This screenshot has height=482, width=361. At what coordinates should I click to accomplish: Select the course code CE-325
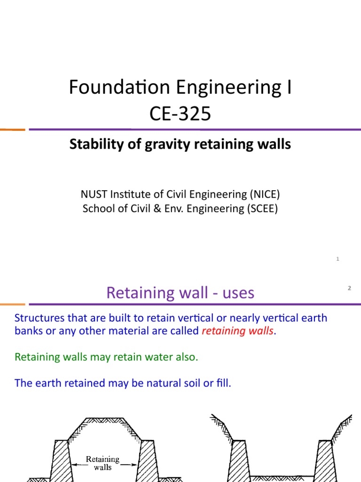tap(180, 113)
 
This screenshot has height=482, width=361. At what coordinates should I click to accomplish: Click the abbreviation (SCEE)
tap(263, 209)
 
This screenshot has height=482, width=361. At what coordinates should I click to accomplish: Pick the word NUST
tap(94, 193)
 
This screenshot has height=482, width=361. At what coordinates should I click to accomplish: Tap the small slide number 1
tap(338, 259)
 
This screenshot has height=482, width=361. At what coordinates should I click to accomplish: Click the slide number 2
tap(349, 288)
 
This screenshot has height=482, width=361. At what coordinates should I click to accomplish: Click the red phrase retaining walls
tap(237, 331)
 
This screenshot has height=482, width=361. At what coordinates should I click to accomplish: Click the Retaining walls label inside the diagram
tap(102, 463)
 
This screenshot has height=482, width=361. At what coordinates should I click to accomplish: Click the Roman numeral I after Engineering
tap(289, 88)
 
